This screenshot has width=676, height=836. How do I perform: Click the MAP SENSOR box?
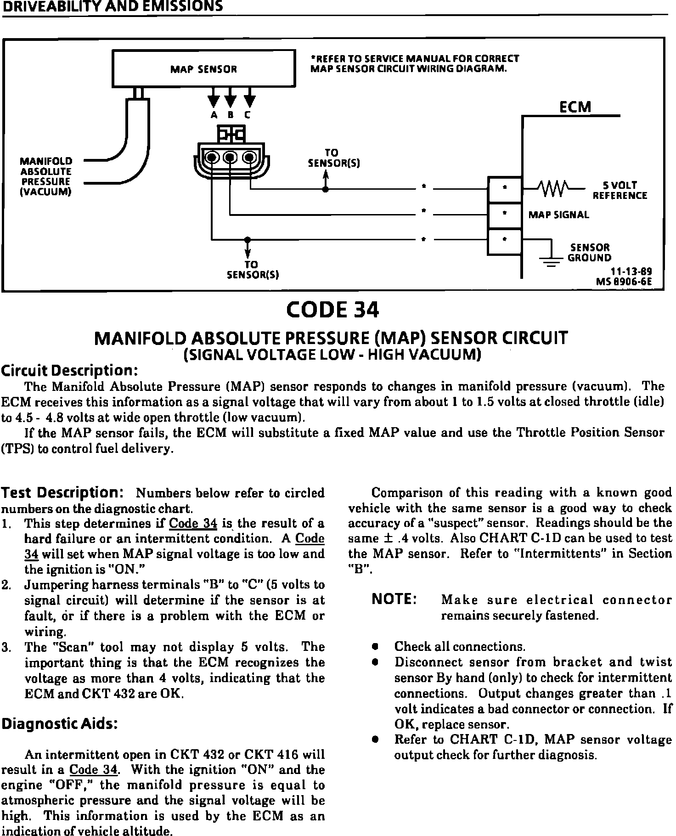pyautogui.click(x=203, y=68)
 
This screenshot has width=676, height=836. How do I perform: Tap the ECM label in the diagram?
pyautogui.click(x=575, y=107)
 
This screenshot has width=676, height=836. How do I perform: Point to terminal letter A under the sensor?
pyautogui.click(x=214, y=116)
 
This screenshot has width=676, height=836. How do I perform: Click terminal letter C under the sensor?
pyautogui.click(x=248, y=116)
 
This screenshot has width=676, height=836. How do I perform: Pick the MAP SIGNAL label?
pyautogui.click(x=558, y=215)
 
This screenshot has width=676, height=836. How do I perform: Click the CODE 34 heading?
pyautogui.click(x=332, y=310)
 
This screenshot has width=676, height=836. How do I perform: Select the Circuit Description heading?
pyautogui.click(x=70, y=370)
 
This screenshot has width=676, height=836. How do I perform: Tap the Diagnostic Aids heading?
pyautogui.click(x=60, y=724)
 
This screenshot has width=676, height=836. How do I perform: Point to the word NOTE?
pyautogui.click(x=394, y=599)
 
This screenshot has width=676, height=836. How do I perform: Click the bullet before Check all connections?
pyautogui.click(x=375, y=647)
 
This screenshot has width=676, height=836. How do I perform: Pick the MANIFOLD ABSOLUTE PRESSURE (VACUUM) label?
pyautogui.click(x=45, y=176)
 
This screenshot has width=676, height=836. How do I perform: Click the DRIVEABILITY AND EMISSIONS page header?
pyautogui.click(x=112, y=6)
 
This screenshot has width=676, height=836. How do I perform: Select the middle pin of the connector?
pyautogui.click(x=230, y=158)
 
